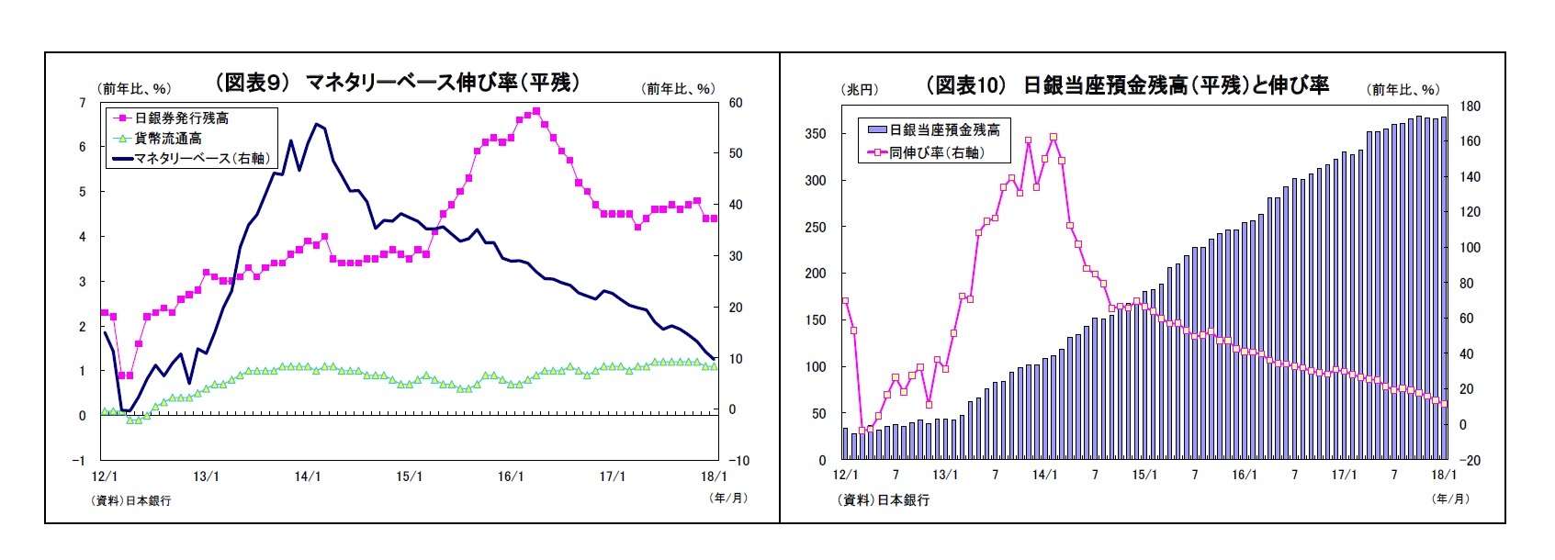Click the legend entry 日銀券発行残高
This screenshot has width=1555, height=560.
click(x=181, y=118)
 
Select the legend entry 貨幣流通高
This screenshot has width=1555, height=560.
click(x=168, y=139)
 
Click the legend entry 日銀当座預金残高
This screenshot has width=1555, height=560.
click(x=944, y=130)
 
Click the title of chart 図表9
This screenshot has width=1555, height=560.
click(x=398, y=83)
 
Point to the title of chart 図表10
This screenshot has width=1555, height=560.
click(x=1127, y=85)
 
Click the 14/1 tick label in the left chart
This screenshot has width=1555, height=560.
click(x=308, y=476)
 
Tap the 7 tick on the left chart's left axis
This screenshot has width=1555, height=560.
click(x=83, y=103)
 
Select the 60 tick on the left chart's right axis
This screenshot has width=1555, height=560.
click(x=736, y=103)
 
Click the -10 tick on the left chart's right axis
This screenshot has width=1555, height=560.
click(x=738, y=461)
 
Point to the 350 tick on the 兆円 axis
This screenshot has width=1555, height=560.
click(x=815, y=134)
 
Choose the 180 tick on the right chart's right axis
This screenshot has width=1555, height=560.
click(x=1470, y=106)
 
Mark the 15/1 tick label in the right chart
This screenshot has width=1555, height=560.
click(x=1144, y=475)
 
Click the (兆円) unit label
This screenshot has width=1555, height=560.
click(x=860, y=90)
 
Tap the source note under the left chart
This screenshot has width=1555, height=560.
click(x=130, y=500)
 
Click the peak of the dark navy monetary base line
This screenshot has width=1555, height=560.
click(x=316, y=124)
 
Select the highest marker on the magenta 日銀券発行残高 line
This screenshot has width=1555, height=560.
click(x=536, y=111)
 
